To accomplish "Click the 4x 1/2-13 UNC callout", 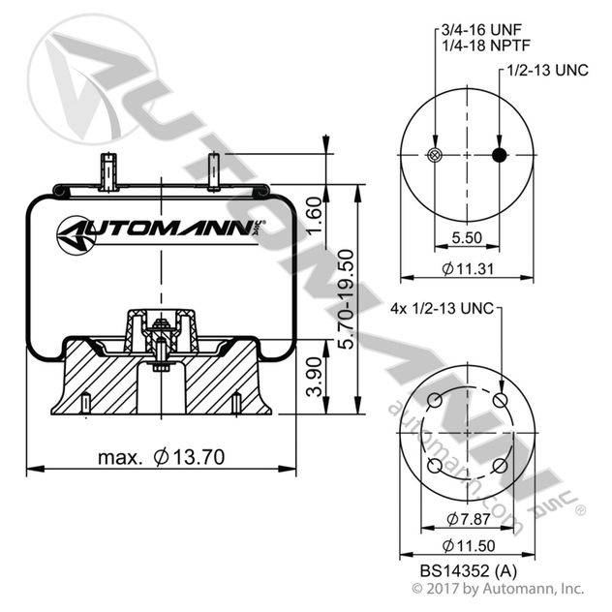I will click(441, 309).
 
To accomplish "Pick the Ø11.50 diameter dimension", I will click(468, 544).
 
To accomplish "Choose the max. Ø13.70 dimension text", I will click(160, 455).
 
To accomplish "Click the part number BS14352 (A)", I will click(468, 570).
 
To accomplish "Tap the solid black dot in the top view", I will click(500, 157).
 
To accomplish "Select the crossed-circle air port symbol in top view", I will click(435, 157).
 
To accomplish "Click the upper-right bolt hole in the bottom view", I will click(500, 400).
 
